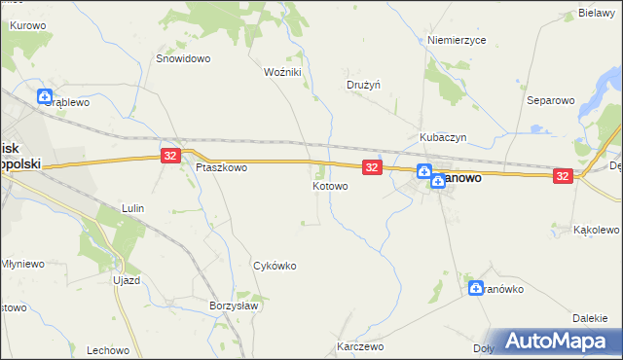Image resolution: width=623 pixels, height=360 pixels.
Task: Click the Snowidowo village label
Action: [184, 58]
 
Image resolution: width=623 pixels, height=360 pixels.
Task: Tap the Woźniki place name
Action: [283, 72]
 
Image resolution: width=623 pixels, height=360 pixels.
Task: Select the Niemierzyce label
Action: [457, 41]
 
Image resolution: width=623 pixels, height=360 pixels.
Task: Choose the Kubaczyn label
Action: [444, 138]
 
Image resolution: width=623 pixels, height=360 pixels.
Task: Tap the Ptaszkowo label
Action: [221, 167]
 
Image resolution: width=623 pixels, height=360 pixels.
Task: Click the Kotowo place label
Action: [330, 186]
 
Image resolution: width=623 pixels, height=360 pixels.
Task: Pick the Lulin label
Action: [132, 208]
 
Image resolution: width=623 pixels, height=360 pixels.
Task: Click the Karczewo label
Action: [360, 346]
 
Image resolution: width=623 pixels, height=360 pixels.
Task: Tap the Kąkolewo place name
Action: [597, 231]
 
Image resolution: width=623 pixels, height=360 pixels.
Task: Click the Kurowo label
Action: [28, 24]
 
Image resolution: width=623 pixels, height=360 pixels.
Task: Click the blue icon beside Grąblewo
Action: [45, 96]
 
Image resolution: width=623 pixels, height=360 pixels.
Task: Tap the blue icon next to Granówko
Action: [476, 288]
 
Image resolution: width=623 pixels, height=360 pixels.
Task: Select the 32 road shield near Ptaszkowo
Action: [170, 156]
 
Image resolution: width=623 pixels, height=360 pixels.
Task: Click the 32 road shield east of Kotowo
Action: [371, 167]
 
